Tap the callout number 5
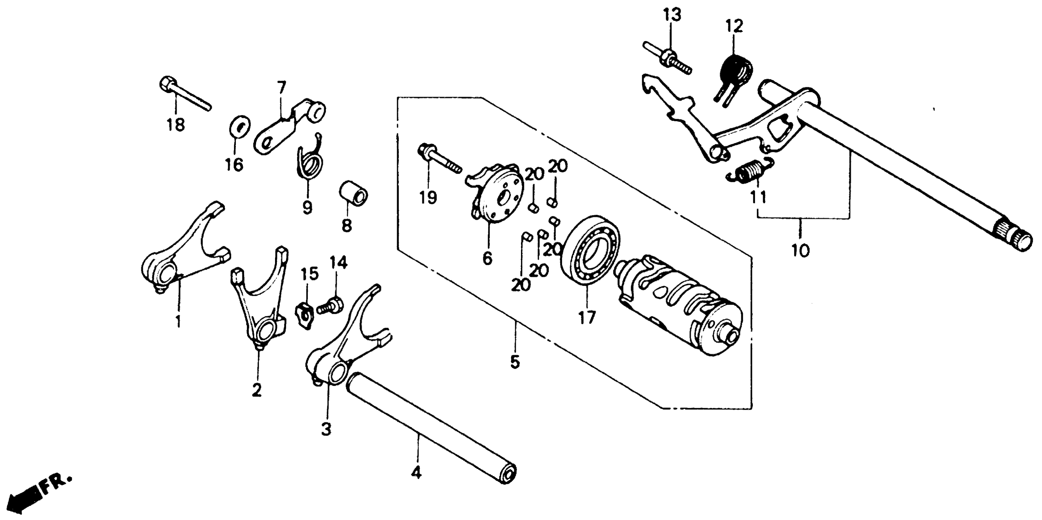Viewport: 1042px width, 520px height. (x=515, y=362)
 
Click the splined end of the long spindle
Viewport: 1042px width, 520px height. (x=1013, y=241)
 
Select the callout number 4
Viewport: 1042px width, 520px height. (x=416, y=472)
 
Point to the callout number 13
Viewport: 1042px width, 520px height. (x=672, y=15)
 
